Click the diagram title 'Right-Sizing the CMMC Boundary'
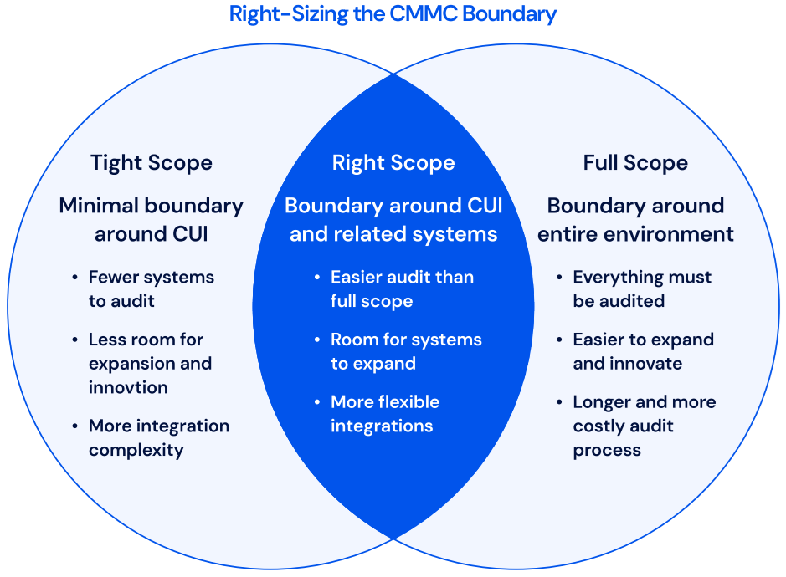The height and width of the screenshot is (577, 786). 393,14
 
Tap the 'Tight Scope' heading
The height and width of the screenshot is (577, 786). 152,162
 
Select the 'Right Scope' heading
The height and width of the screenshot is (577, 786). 393,162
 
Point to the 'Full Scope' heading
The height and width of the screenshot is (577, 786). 635,162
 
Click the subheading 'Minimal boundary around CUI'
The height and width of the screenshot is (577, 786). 152,220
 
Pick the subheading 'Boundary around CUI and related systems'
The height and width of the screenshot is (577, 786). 393,220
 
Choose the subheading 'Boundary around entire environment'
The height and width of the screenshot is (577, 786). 635,220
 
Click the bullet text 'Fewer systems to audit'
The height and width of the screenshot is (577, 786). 151,288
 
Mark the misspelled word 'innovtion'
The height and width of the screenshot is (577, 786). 128,387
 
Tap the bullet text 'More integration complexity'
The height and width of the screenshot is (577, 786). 158,437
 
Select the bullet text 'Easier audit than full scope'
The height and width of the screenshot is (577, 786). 402,288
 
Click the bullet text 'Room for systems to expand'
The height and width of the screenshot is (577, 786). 406,351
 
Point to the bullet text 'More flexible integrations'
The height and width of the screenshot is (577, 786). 385,414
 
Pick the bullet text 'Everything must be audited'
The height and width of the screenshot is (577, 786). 642,288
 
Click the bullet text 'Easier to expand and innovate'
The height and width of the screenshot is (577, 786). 643,351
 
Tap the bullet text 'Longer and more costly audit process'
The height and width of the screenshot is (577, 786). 644,426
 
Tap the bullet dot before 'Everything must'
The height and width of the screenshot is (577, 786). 560,278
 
